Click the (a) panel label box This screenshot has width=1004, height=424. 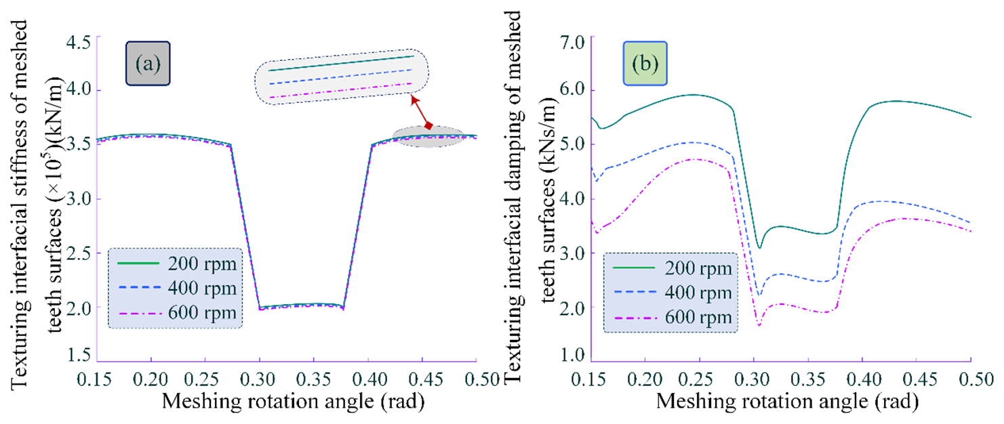tap(148, 64)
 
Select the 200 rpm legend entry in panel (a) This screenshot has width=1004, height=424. tap(174, 263)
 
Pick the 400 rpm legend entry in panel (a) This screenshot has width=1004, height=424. tap(174, 288)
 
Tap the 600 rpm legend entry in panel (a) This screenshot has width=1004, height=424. tap(174, 313)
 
